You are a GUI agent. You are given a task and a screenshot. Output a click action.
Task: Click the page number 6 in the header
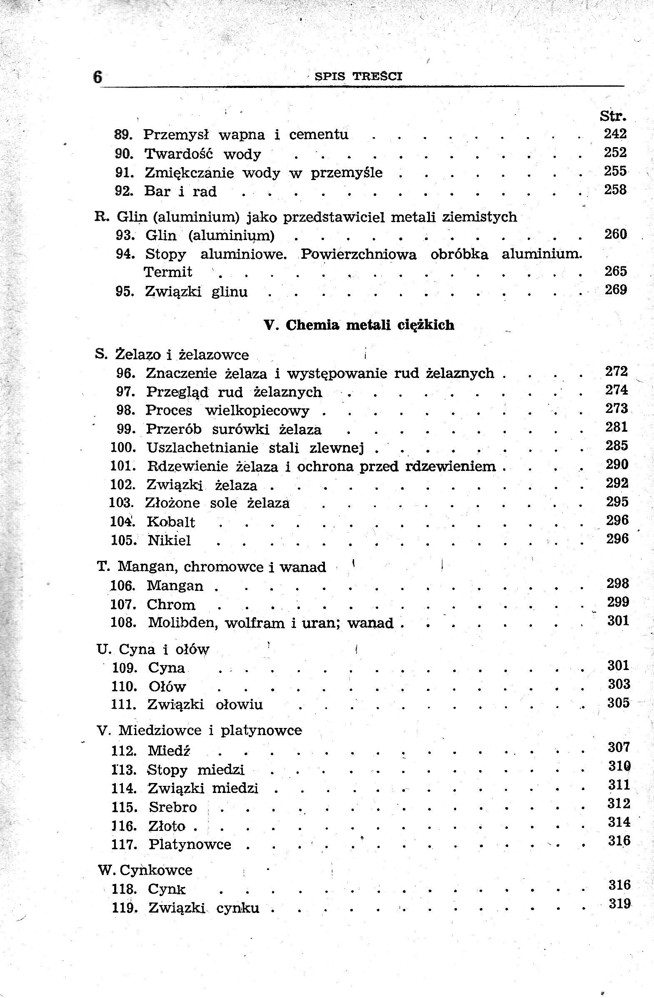pos(97,77)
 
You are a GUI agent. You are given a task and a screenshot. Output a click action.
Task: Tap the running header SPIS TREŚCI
pos(358,76)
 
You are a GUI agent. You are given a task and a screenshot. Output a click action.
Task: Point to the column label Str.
pos(613,116)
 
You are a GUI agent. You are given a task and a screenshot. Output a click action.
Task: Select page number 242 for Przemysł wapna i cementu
pos(615,134)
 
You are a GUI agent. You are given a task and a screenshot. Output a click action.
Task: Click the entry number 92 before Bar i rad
pos(125,191)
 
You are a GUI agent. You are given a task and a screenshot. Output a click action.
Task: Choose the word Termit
pos(168,272)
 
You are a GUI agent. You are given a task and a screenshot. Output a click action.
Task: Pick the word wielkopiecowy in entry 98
pos(257,410)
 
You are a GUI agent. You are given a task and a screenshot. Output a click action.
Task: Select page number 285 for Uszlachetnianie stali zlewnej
pos(617,446)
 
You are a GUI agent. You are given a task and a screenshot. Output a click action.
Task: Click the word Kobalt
pos(171,522)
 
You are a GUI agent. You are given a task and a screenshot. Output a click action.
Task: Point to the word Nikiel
pos(170,540)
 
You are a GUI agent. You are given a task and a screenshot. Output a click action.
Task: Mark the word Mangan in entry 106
pos(175,586)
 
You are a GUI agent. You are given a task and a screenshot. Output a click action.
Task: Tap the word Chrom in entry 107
pos(171,605)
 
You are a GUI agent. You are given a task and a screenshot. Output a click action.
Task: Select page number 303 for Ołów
pos(619,684)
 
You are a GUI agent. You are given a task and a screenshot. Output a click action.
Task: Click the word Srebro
pos(173,807)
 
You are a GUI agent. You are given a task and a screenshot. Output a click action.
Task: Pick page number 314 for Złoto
pos(619,822)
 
